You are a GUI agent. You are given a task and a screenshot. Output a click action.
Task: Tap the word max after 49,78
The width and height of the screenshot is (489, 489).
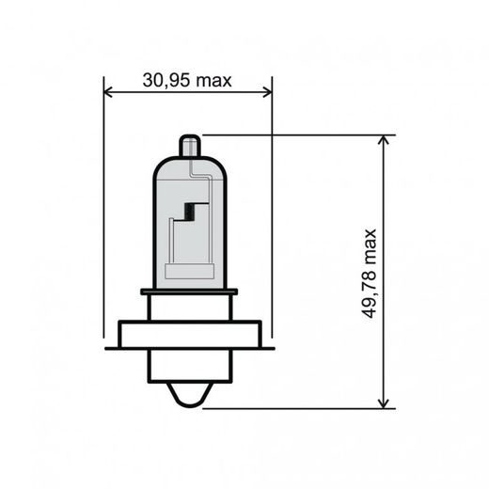coord(368,245)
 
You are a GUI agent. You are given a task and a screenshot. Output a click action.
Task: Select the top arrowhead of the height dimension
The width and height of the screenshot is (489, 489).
coord(384,141)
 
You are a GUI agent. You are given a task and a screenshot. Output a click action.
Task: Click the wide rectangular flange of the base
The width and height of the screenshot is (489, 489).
coord(188,334)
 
